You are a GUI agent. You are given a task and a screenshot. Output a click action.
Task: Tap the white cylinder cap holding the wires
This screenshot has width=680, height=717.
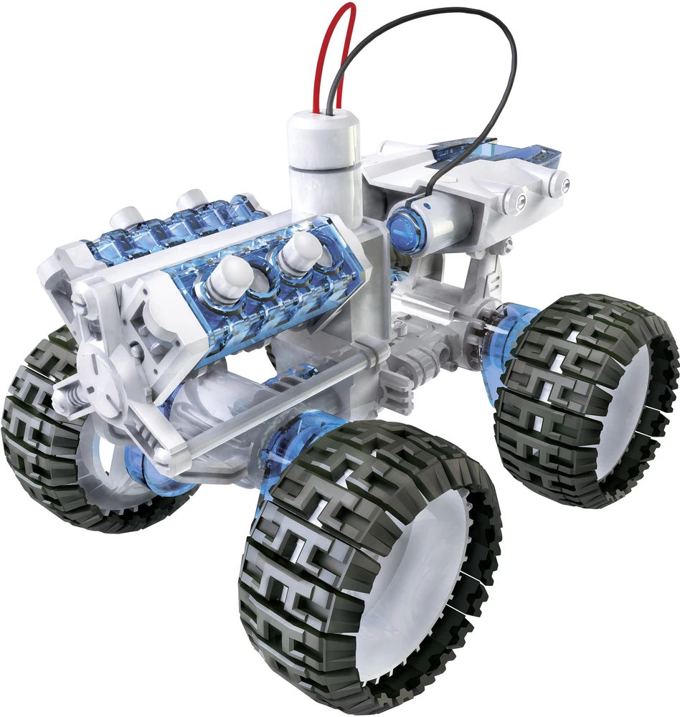323,140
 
